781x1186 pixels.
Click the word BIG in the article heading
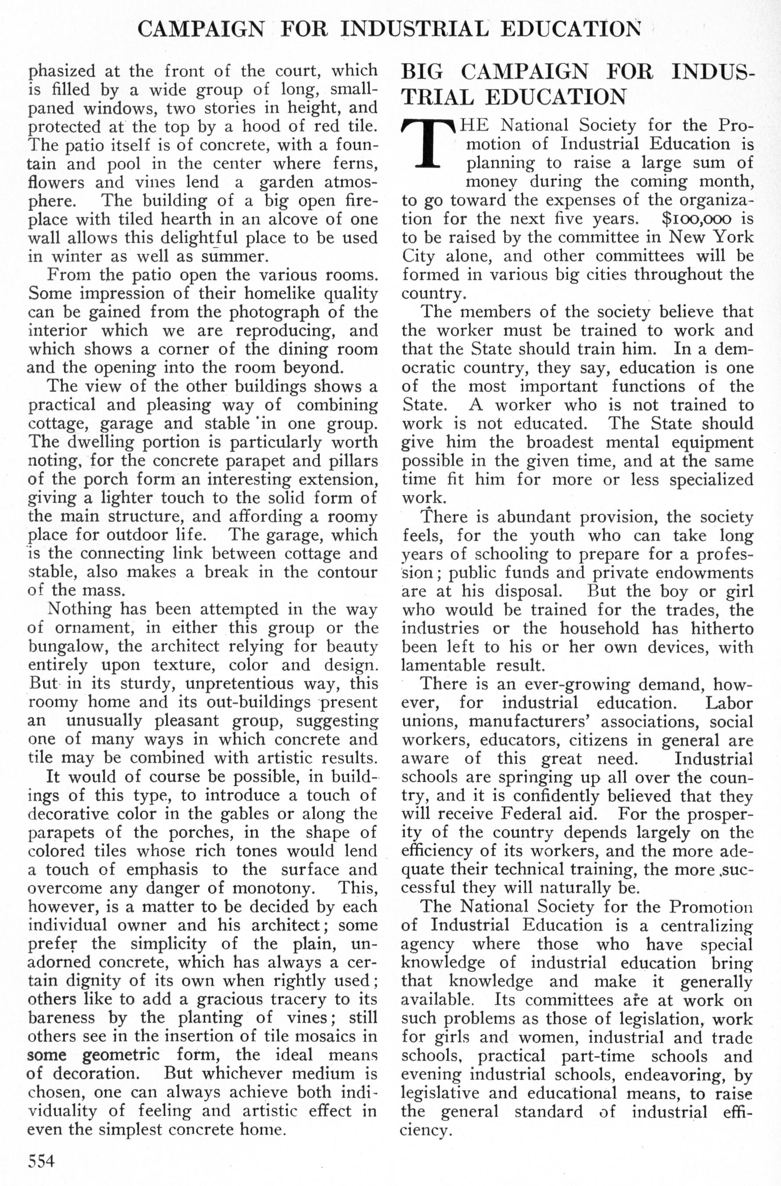[422, 72]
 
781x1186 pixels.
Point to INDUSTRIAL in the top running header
[414, 29]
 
